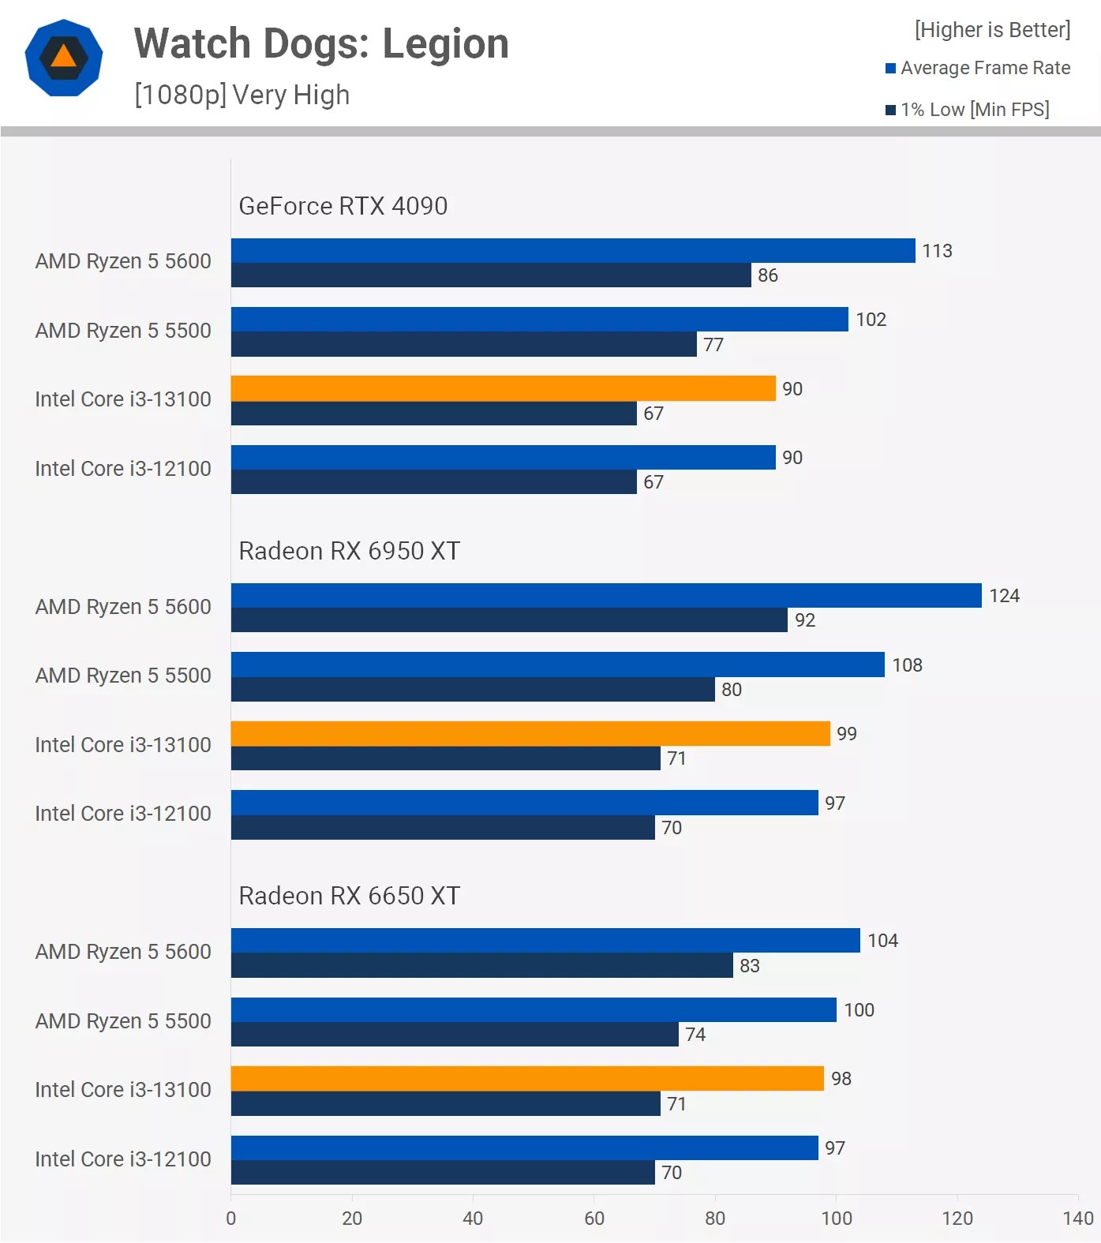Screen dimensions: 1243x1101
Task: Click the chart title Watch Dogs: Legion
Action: coord(321,44)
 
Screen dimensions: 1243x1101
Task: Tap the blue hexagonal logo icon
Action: coord(64,58)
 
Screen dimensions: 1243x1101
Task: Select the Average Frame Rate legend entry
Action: coord(978,68)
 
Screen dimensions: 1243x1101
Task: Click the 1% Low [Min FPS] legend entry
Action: coord(968,110)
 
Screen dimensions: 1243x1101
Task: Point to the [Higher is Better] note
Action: coord(992,30)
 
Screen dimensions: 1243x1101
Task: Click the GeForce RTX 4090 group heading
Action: coord(343,206)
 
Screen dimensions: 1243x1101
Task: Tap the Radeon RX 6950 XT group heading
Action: coord(349,551)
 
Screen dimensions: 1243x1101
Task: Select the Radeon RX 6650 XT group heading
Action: coord(349,896)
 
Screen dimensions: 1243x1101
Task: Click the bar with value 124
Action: coord(606,596)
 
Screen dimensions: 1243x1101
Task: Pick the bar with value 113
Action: coord(573,251)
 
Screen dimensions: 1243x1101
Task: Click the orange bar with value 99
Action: coord(530,734)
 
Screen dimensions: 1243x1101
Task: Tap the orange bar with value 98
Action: coord(527,1079)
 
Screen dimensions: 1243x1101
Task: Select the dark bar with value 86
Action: coord(491,275)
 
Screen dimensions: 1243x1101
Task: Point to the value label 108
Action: coord(907,665)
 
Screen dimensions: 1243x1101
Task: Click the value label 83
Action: coord(749,966)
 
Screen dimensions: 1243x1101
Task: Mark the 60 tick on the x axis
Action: coord(594,1219)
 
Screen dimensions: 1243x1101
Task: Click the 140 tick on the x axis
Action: coord(1077,1219)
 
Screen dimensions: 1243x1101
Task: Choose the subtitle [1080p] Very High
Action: coord(242,95)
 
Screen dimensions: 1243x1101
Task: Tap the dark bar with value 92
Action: coord(509,620)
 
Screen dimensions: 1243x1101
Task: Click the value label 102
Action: coord(871,320)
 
